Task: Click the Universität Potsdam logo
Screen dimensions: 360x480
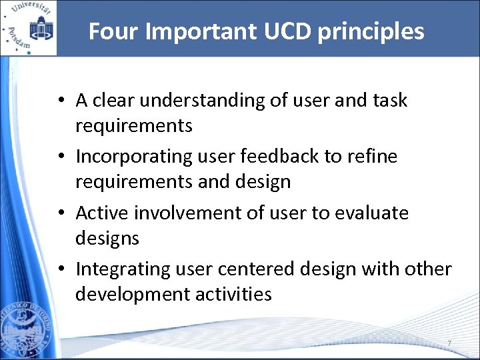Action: (29, 28)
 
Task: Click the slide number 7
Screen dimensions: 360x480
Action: (449, 343)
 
